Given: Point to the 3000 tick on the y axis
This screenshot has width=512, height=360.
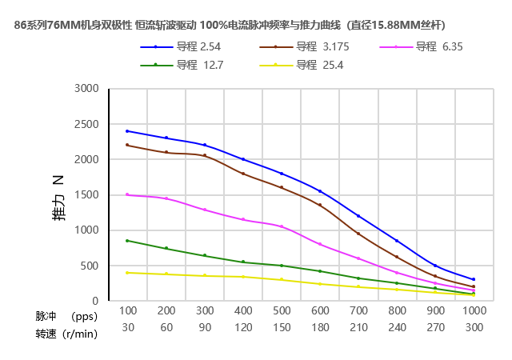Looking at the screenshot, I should pos(86,89).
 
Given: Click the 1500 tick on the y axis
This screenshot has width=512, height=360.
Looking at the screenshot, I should pos(86,195).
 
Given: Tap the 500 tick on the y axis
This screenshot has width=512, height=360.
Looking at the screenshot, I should pos(90,266).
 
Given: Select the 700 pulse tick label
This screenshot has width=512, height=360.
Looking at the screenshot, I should pos(358,310).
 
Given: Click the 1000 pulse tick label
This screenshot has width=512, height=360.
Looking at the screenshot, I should pos(474,310).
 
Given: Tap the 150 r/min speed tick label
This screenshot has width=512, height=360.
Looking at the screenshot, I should pos(282,327).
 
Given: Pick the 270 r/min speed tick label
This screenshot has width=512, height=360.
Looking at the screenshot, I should pos(435,327).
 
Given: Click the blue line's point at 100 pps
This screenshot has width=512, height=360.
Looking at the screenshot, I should pos(128,131).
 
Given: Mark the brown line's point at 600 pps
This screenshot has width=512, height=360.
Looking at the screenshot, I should pos(320,205).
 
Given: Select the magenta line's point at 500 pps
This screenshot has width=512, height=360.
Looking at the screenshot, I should pos(282,226).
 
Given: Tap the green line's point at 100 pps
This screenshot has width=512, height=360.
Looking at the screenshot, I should pos(128,240).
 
